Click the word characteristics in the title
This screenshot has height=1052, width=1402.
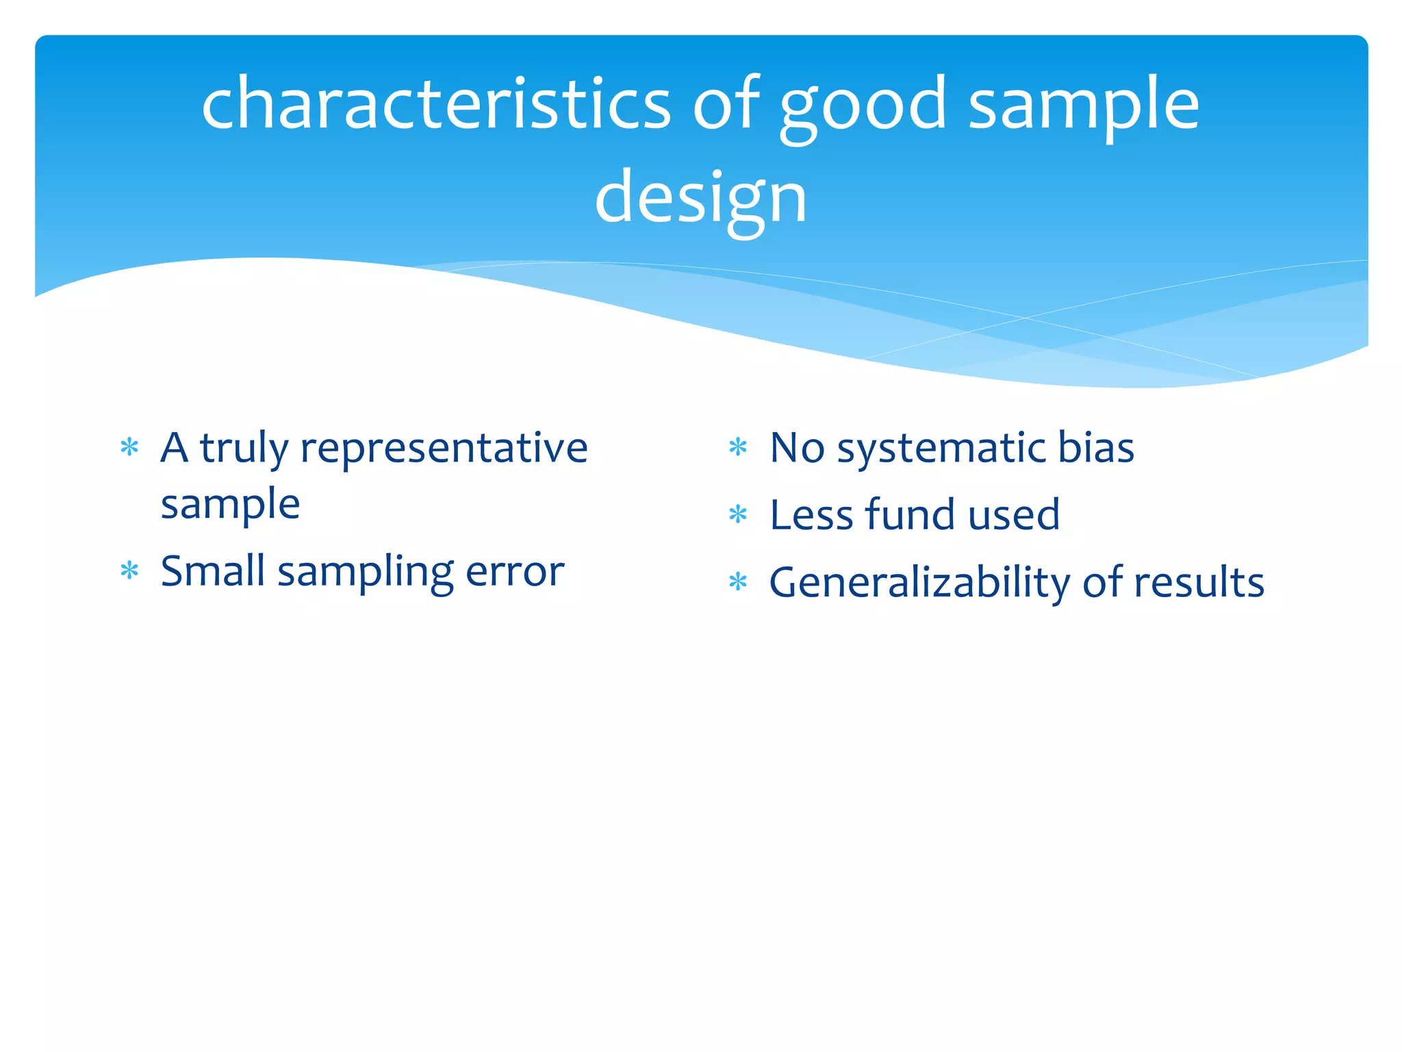pyautogui.click(x=437, y=104)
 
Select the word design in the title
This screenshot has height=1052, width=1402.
pyautogui.click(x=700, y=199)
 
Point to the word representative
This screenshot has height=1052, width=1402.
pyautogui.click(x=444, y=449)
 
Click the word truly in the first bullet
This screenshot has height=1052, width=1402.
pyautogui.click(x=244, y=449)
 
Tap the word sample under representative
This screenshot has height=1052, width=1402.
pyautogui.click(x=230, y=505)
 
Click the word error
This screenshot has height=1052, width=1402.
pyautogui.click(x=515, y=572)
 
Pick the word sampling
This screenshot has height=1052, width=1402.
pyautogui.click(x=366, y=573)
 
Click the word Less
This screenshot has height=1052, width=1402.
pyautogui.click(x=811, y=515)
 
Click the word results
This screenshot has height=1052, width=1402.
pyautogui.click(x=1199, y=583)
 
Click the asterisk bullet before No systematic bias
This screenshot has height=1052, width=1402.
pyautogui.click(x=738, y=447)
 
